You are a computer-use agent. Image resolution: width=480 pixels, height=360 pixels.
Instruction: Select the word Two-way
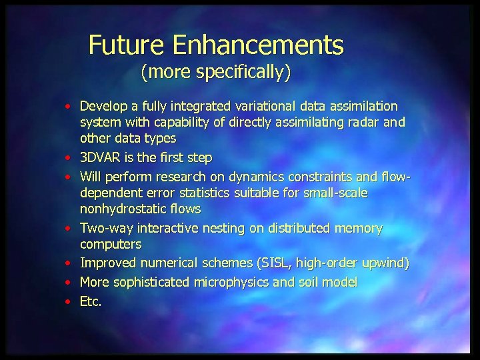[x=105, y=229]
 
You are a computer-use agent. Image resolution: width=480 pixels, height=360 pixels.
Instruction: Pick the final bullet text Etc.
[x=91, y=301]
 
